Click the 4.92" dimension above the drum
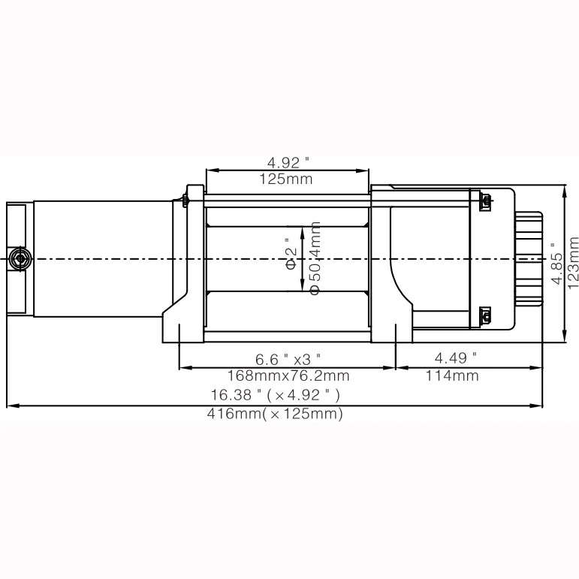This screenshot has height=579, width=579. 288,162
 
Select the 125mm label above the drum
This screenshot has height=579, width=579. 286,179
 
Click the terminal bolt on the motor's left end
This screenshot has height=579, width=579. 19,259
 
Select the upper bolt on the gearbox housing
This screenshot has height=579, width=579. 485,201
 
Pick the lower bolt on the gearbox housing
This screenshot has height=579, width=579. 485,316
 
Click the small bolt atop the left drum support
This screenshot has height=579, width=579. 185,200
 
